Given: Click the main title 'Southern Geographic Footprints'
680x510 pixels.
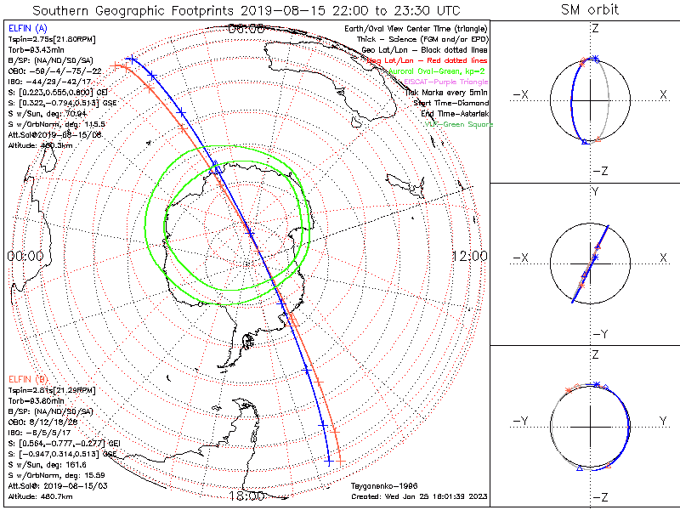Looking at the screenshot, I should pyautogui.click(x=127, y=10).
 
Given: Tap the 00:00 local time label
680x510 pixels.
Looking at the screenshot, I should pyautogui.click(x=25, y=255).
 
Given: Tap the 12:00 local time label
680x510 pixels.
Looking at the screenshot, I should pyautogui.click(x=468, y=255).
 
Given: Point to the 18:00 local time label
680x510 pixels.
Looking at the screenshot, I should pyautogui.click(x=246, y=496).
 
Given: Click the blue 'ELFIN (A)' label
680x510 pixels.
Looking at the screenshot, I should pyautogui.click(x=27, y=29).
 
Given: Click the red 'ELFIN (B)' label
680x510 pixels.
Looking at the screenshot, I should pyautogui.click(x=28, y=377).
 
